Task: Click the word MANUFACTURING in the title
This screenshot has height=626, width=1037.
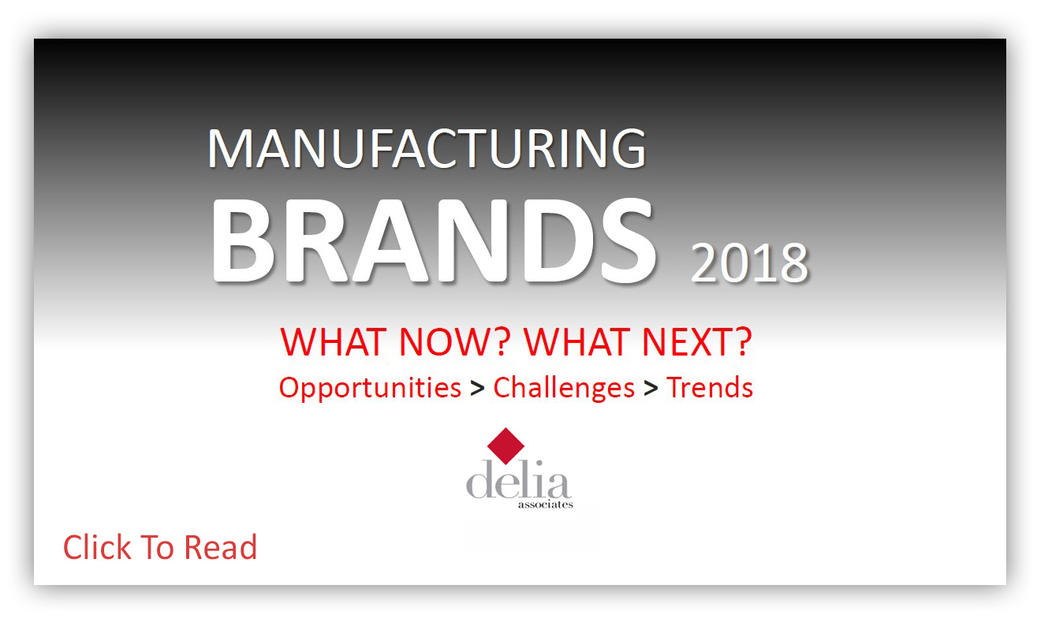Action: (x=427, y=148)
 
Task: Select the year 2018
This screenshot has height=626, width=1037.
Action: (x=749, y=263)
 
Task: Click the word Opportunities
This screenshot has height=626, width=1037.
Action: (x=370, y=388)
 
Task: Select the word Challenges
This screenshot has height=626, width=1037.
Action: (x=564, y=388)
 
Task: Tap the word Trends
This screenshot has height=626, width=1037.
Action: (x=710, y=387)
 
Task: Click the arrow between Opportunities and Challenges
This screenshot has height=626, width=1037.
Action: (x=477, y=389)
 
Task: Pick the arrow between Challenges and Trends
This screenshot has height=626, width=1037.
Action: (x=651, y=389)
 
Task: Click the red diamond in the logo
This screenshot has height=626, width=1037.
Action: (x=505, y=446)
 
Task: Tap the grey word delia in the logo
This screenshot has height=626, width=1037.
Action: (x=517, y=479)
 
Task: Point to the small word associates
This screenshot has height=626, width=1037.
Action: (x=546, y=505)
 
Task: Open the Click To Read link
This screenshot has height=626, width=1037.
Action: (x=160, y=547)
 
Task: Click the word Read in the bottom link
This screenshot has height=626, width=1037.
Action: (x=220, y=547)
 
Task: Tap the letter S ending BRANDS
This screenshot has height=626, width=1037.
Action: (x=629, y=240)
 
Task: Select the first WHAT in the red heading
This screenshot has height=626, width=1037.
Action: (x=333, y=342)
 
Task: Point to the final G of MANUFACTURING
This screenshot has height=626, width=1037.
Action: (x=629, y=148)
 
